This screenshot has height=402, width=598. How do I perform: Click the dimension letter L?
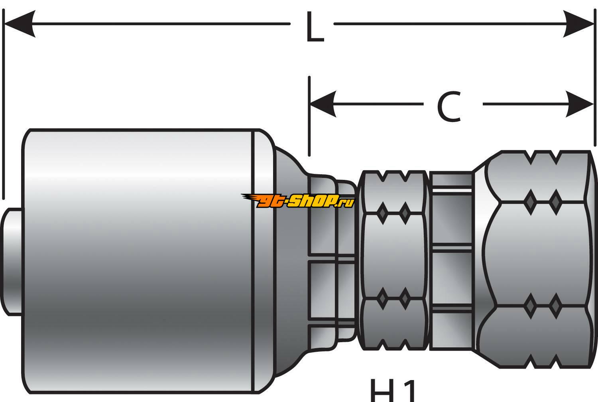[x=315, y=27]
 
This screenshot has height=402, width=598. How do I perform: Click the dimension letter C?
[x=449, y=106]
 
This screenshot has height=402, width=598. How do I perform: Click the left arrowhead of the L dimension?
[x=19, y=24]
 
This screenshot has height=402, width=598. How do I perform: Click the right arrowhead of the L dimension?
[x=578, y=24]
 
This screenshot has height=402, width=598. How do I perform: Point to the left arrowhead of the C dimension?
[x=323, y=104]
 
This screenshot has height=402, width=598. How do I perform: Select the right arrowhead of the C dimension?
[x=580, y=104]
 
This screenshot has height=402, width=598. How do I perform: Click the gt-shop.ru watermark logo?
[x=298, y=201]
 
